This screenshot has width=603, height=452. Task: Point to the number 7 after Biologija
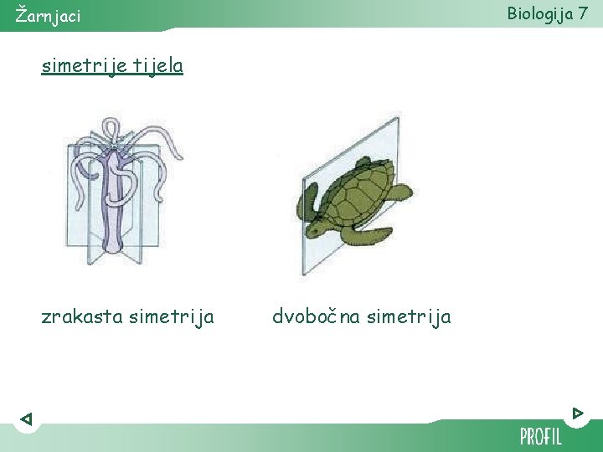pos(584,13)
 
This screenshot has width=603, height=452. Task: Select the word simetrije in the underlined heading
pos(82,65)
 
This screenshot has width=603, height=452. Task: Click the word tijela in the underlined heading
pos(157,65)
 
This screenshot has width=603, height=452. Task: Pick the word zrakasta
pos(80,316)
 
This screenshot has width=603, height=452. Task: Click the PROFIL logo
pos(541,436)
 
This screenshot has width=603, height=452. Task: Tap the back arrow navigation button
pos(26,419)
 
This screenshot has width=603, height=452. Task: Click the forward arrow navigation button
pos(578,413)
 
